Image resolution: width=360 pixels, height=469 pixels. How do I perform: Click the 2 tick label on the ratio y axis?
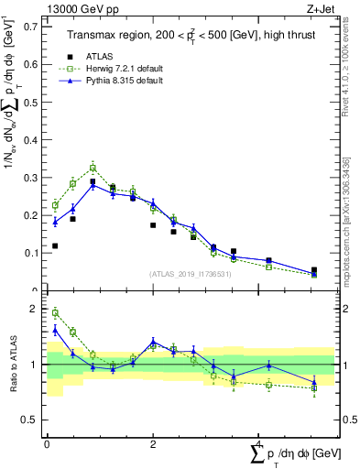click(x=34, y=309)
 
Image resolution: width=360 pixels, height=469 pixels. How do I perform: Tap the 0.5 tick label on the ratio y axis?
click(x=31, y=420)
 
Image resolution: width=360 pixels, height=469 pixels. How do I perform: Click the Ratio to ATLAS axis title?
click(x=13, y=365)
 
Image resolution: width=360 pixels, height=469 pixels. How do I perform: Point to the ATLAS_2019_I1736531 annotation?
click(x=191, y=273)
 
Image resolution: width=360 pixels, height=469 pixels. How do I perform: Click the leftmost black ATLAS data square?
click(x=55, y=245)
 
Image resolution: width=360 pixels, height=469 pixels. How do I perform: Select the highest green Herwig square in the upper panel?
click(x=93, y=168)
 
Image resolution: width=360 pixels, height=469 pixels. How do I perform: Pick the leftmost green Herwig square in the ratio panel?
click(x=55, y=312)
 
